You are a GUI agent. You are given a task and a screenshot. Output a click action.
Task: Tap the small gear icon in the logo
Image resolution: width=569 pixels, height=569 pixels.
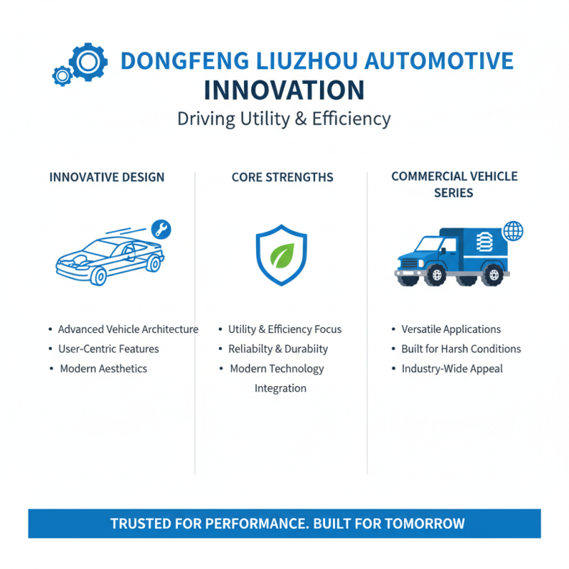[x=63, y=75]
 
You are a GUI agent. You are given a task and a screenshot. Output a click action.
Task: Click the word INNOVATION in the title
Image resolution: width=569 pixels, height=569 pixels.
[x=284, y=91]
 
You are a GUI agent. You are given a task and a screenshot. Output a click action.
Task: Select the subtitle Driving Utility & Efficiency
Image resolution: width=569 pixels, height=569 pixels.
[x=284, y=118]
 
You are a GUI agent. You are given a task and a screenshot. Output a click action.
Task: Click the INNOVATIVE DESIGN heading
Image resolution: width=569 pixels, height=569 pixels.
[x=107, y=177]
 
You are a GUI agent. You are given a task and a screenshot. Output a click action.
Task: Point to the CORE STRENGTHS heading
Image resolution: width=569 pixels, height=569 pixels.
[x=282, y=177]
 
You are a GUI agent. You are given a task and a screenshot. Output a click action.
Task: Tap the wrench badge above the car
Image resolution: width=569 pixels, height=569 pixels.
[x=162, y=229]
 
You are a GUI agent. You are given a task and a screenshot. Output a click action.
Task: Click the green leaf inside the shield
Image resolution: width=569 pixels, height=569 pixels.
[x=282, y=254]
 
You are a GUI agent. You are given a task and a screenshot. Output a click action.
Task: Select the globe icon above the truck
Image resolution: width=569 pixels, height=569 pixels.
[x=513, y=230]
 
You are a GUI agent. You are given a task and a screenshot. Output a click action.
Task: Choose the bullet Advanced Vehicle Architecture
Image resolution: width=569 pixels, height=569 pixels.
[x=128, y=329]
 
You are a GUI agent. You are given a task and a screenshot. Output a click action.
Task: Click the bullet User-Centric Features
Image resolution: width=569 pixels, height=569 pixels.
[x=108, y=349]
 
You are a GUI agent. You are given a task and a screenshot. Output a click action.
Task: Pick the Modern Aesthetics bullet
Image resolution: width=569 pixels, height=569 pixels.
[x=103, y=368]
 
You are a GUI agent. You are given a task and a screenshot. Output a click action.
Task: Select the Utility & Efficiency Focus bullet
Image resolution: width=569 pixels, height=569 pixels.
[x=284, y=329]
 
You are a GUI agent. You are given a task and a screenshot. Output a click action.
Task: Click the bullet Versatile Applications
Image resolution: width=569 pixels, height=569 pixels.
[x=451, y=329]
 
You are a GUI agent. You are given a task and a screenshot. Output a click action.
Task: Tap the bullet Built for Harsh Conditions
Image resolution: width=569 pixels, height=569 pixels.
[x=461, y=349]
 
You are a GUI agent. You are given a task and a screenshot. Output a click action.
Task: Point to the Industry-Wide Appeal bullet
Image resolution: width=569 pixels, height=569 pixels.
[x=452, y=368]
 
